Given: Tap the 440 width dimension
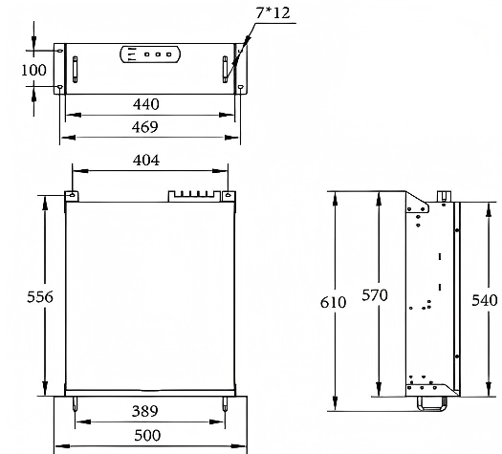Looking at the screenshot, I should click(146, 104).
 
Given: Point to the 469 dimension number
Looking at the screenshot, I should click(146, 126).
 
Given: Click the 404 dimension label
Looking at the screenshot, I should click(146, 160).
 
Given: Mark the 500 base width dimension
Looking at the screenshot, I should click(146, 435).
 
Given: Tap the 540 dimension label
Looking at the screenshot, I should click(486, 300).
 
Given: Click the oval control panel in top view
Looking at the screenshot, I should click(149, 56).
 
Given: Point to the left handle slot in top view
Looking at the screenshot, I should click(74, 71).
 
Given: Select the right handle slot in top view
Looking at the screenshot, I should click(225, 71).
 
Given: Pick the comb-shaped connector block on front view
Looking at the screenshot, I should click(192, 195).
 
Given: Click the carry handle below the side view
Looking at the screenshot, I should click(431, 403).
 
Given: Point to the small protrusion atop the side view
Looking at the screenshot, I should click(444, 196).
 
